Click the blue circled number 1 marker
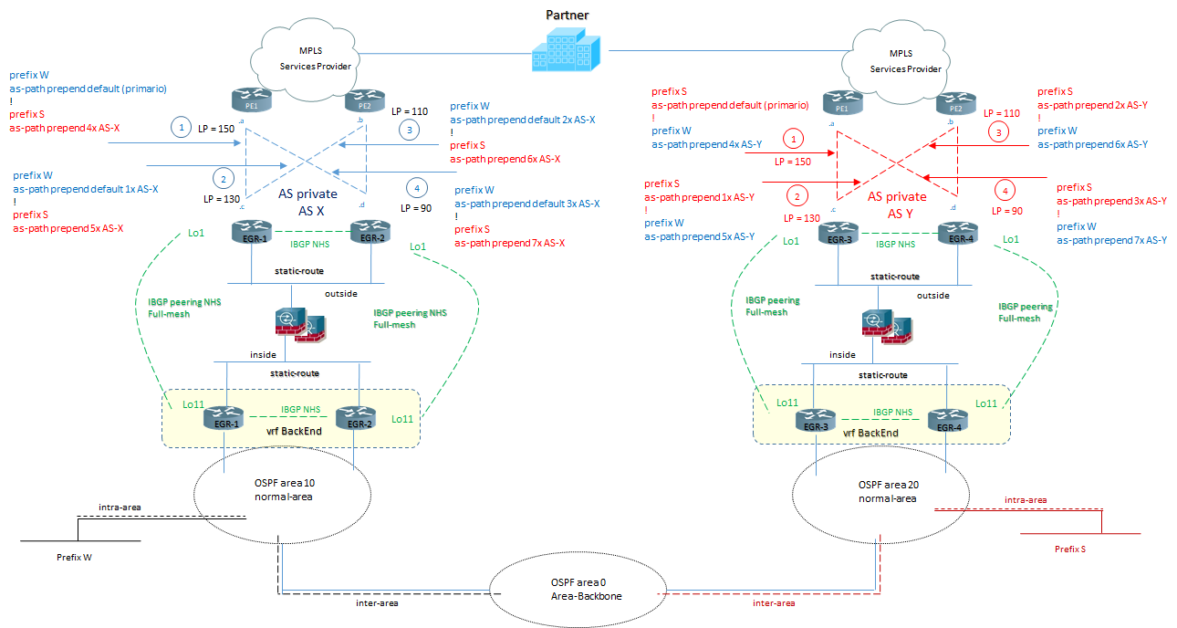click(182, 128)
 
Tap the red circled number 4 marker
click(1005, 191)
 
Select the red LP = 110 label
click(1001, 113)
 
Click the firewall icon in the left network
click(297, 324)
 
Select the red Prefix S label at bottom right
click(1069, 549)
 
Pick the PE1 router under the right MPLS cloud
click(840, 101)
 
